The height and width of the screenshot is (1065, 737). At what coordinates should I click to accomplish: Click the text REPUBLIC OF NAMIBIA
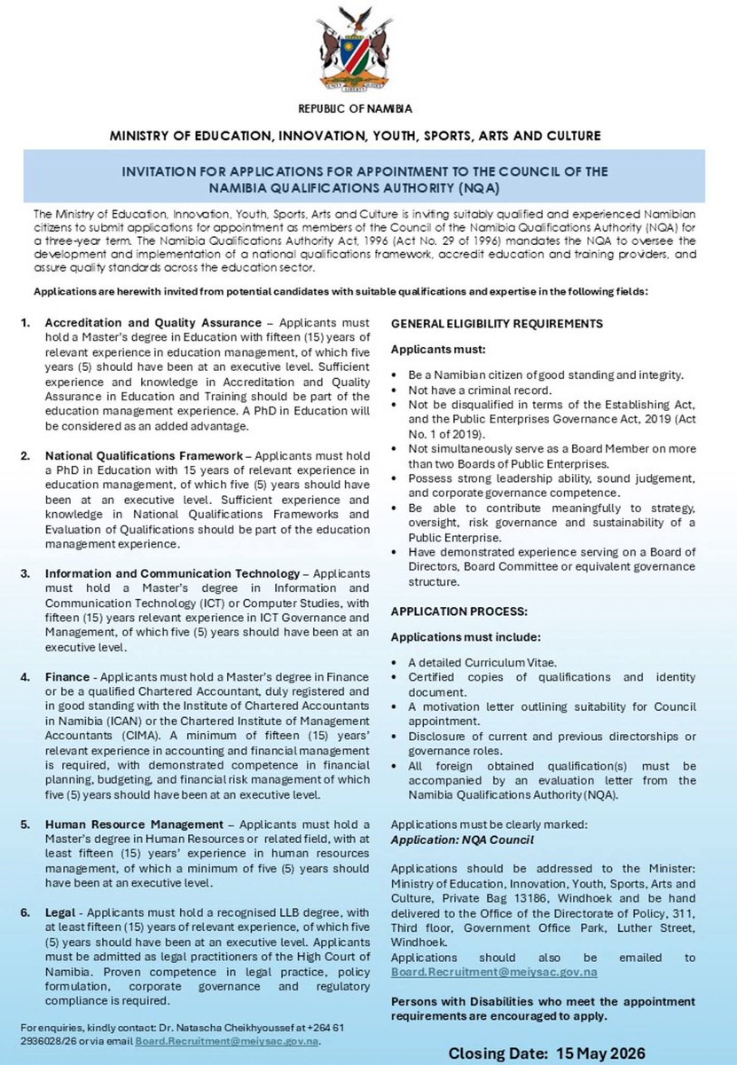[x=368, y=111]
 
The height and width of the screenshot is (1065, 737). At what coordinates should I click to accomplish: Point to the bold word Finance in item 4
[x=67, y=676]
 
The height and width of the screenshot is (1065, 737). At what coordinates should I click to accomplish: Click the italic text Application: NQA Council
[x=463, y=838]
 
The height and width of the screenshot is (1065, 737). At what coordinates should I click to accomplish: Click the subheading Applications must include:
[x=465, y=636]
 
